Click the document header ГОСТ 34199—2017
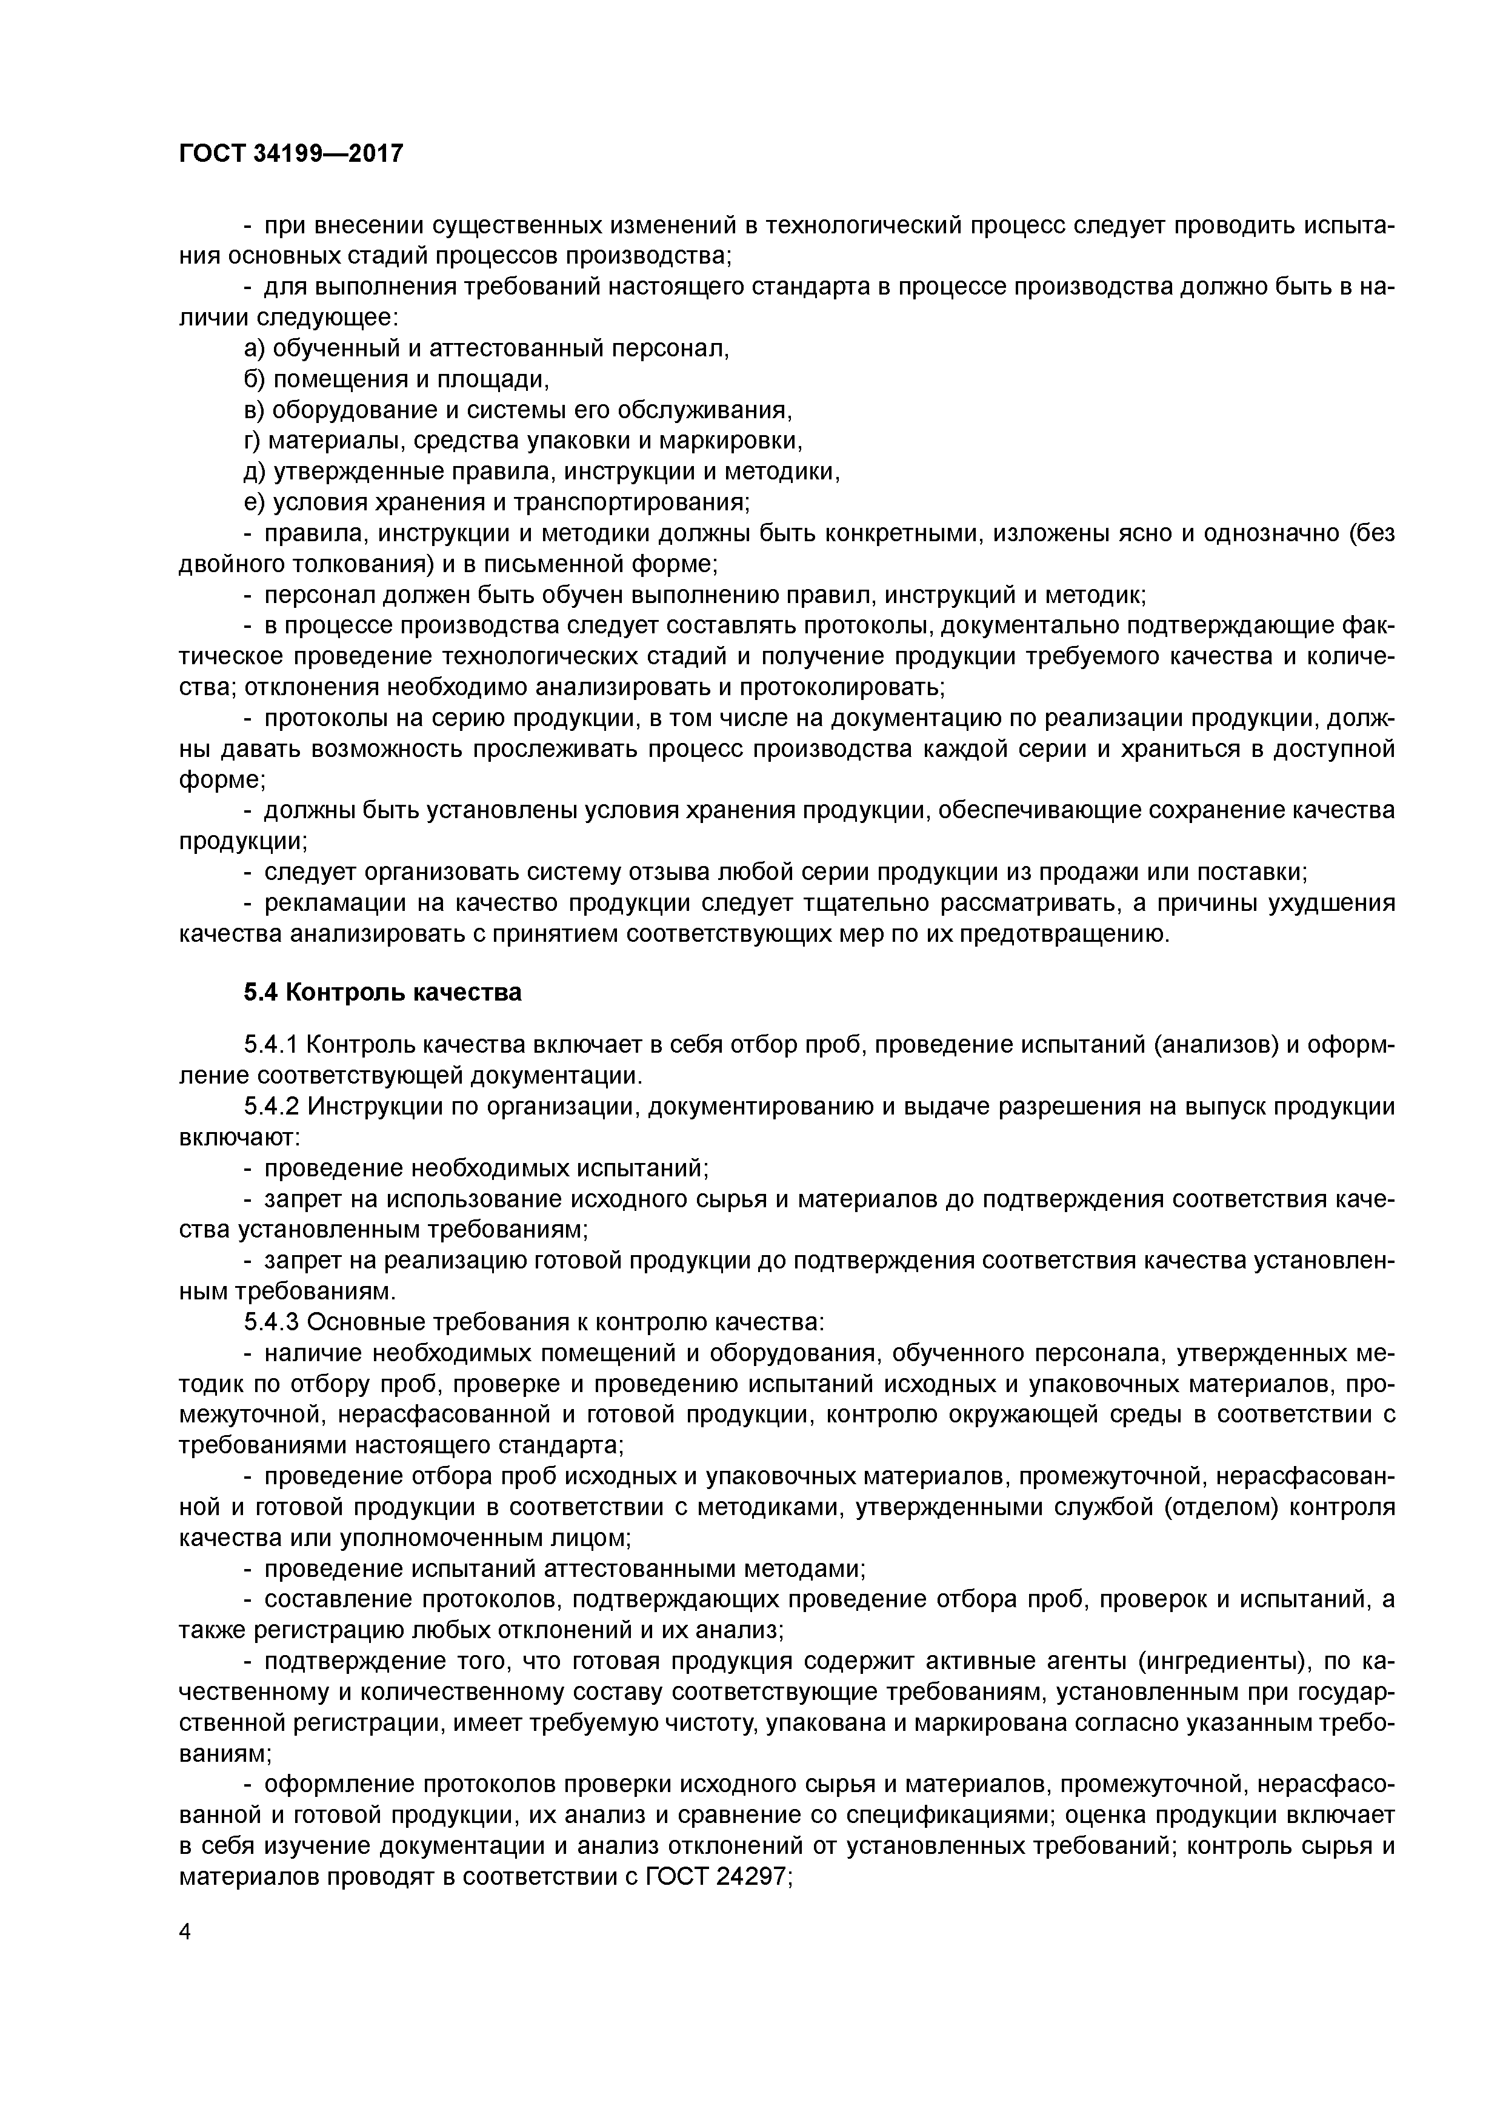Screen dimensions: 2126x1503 pyautogui.click(x=291, y=153)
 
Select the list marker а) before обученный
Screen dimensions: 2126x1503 pyautogui.click(x=255, y=349)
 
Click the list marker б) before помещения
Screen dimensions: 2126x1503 pyautogui.click(x=255, y=379)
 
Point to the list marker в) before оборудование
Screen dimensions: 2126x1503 pyautogui.click(x=255, y=410)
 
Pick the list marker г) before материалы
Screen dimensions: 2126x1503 pyautogui.click(x=253, y=441)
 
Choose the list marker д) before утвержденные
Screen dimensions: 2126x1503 pyautogui.click(x=255, y=472)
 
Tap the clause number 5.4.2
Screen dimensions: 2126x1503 pyautogui.click(x=272, y=1107)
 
